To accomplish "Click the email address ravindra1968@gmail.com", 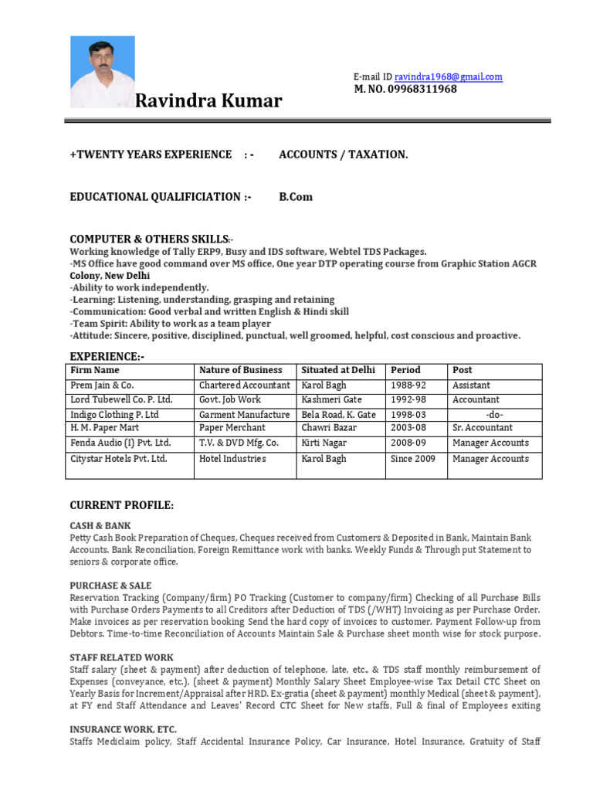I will coord(448,76).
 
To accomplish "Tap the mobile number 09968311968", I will coord(405,89).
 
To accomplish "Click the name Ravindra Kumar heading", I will coord(208,101).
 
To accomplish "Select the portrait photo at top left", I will coord(102,72).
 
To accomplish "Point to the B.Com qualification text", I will coord(296,197).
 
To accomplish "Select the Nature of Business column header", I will coord(241,370).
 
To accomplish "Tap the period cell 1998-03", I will coord(408,414).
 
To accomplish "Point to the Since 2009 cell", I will coord(413,459).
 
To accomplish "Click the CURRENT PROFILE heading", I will coord(122,505).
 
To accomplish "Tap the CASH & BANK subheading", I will coord(100,525).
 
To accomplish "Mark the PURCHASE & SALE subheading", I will coord(110,586).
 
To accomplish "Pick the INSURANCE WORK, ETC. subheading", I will coord(123,729).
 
